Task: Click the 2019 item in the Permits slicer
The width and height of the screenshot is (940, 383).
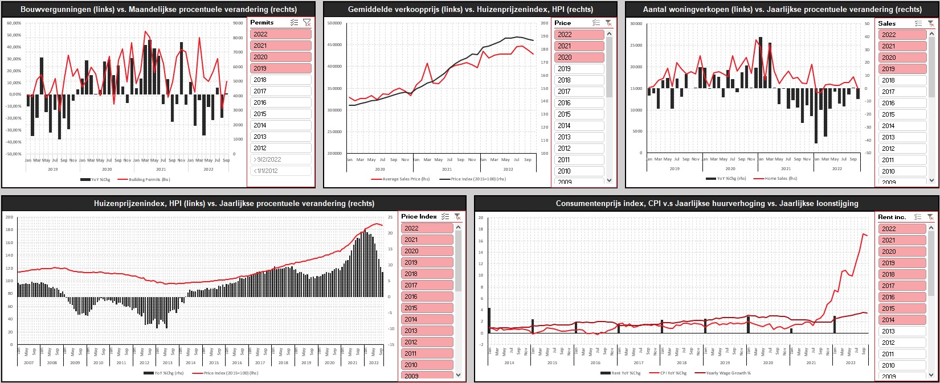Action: (280, 68)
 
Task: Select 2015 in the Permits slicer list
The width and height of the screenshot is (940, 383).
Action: (280, 114)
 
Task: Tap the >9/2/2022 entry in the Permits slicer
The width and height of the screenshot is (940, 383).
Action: (280, 159)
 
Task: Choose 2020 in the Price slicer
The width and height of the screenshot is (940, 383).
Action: (579, 57)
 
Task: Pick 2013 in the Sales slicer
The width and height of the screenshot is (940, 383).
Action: (902, 137)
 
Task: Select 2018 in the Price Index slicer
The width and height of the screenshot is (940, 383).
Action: (427, 274)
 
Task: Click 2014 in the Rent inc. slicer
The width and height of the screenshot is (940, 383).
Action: (902, 320)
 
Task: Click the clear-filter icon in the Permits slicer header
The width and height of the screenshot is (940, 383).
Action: (306, 23)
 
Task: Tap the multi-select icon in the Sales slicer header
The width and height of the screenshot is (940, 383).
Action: (918, 23)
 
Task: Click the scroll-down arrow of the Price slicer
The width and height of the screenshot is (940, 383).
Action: (609, 180)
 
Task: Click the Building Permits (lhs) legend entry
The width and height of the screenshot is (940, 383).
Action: (149, 179)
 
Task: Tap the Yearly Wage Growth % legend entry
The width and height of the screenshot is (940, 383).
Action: (728, 373)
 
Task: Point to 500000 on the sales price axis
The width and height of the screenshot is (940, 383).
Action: (334, 23)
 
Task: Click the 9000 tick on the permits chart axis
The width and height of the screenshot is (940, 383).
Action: (238, 23)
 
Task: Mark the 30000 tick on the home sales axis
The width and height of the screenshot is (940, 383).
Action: (636, 23)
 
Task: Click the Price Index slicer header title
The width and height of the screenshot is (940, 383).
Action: (419, 216)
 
